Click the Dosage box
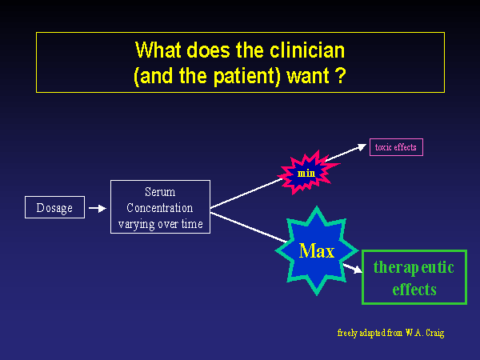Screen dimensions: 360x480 [x=54, y=208]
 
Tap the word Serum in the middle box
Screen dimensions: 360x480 [x=160, y=192]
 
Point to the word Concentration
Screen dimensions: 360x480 [x=160, y=208]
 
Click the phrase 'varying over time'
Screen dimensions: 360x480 [x=160, y=224]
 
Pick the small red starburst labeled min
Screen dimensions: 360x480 [x=306, y=172]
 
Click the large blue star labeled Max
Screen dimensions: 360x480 [x=316, y=250]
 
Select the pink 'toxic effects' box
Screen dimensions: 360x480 [x=396, y=147]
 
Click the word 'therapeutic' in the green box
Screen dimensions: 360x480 [x=413, y=267]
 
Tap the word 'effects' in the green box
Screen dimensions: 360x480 [x=414, y=289]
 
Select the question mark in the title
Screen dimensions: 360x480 [x=341, y=78]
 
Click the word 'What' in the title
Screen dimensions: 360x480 [x=155, y=50]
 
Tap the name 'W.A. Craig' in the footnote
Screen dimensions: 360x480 [x=424, y=332]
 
